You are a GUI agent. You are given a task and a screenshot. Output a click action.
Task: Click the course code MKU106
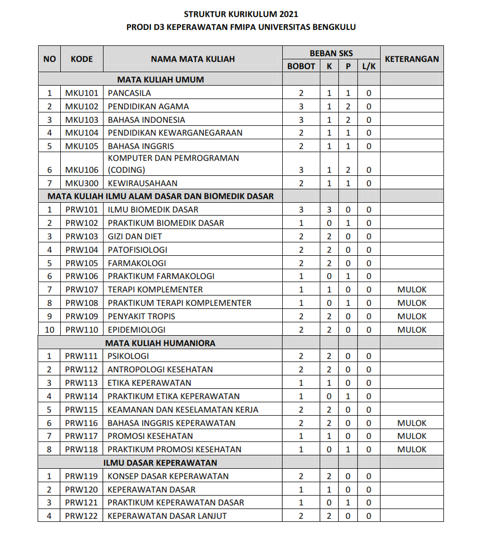coord(81,170)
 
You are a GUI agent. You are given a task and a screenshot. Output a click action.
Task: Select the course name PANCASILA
coord(129,93)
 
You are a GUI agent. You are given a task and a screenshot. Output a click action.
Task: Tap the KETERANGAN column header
coord(412,59)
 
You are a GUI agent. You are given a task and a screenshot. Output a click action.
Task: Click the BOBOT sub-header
coord(301,67)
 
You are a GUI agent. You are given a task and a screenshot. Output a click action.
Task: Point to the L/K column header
coord(368,67)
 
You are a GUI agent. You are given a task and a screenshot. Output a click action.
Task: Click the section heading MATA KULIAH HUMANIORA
coord(160,343)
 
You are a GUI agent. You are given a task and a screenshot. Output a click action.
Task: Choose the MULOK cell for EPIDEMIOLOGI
coord(412,330)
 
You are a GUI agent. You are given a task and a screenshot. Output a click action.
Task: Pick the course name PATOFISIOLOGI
coord(137,250)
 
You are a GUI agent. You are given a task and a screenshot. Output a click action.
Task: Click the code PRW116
coord(81,423)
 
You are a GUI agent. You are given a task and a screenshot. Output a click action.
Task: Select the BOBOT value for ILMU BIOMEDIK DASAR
coord(301,210)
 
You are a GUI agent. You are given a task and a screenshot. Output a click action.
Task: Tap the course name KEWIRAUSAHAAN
coord(142,183)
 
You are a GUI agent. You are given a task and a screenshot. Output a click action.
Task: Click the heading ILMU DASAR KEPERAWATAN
coord(160,463)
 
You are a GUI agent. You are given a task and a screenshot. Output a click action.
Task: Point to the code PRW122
coord(81,516)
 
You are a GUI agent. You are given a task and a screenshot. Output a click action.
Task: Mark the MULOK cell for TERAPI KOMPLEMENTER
coord(412,290)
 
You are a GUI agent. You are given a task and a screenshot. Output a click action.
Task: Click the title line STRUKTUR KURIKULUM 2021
coord(241,14)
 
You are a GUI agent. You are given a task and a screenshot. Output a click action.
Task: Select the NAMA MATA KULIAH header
coord(193,59)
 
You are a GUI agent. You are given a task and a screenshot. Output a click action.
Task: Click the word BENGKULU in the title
coord(334,27)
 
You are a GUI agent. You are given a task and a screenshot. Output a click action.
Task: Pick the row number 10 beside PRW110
coord(49,330)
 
